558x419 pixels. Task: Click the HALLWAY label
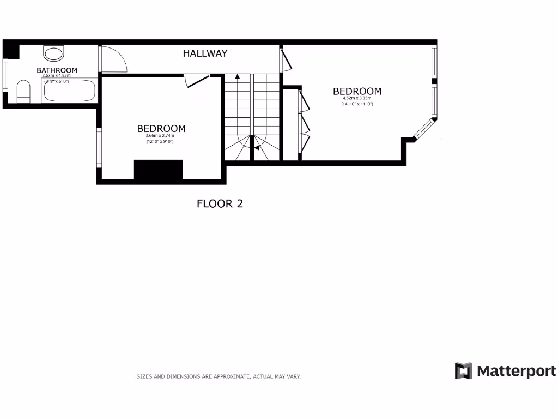tap(205, 53)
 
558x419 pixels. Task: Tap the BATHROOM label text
tap(57, 70)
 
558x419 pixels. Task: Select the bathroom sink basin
tap(53, 53)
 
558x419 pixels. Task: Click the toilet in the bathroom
tap(23, 91)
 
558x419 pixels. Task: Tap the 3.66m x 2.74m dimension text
tap(161, 136)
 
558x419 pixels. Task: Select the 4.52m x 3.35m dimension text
tap(357, 98)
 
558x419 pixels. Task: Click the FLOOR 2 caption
tap(219, 204)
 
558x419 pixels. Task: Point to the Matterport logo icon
tap(463, 371)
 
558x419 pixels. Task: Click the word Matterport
tap(517, 372)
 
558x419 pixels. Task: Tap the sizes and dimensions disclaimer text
tap(219, 376)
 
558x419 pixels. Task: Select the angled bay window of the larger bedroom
tap(424, 129)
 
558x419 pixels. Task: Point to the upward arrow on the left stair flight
tap(237, 77)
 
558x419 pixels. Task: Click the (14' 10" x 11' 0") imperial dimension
tap(357, 104)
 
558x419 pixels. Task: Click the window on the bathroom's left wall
tap(5, 75)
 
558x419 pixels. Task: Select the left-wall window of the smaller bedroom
tap(99, 147)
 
